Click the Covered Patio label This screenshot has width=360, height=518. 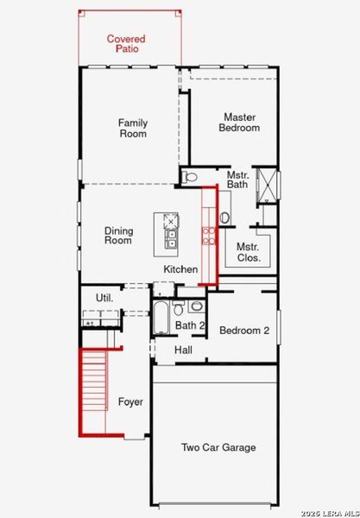(126, 44)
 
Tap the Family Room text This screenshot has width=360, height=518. (132, 128)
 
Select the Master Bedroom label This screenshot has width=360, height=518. (241, 122)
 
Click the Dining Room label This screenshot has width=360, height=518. (119, 235)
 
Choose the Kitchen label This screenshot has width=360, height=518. (181, 269)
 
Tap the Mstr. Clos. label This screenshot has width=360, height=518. (249, 251)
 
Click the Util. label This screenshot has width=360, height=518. (104, 298)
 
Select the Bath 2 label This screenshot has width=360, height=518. (190, 325)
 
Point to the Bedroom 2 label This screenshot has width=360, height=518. (244, 331)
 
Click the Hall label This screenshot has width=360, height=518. (183, 350)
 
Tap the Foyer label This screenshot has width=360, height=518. (130, 402)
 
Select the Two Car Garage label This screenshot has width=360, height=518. (218, 447)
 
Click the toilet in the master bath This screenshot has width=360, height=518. (192, 177)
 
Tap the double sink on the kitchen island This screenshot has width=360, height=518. (171, 238)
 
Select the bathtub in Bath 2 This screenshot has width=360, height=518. (162, 318)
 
